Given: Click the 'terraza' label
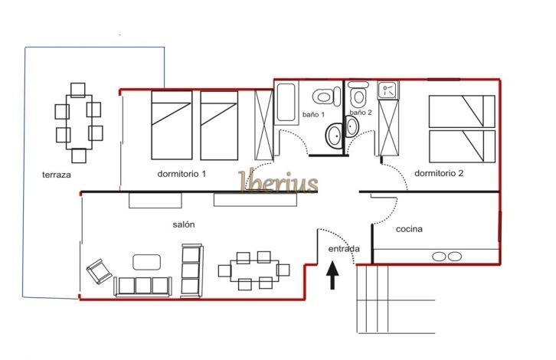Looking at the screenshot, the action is [x=57, y=175].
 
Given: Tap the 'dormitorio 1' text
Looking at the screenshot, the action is [x=182, y=174].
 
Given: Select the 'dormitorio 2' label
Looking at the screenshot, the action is [x=439, y=173].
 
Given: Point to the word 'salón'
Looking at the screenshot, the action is [x=184, y=224].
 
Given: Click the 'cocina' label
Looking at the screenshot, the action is [x=409, y=229].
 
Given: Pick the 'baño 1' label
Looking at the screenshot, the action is [x=313, y=115].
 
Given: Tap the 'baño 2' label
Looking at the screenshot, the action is [x=361, y=112].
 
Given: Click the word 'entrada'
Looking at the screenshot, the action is [x=344, y=249].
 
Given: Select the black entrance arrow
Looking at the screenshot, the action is [x=332, y=276].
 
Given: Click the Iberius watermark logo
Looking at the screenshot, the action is [x=278, y=182].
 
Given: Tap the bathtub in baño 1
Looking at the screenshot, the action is [x=286, y=102].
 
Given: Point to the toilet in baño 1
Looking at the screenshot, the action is [x=326, y=97].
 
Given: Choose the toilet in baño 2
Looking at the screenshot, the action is [x=358, y=93].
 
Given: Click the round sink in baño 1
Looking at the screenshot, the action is [x=334, y=136].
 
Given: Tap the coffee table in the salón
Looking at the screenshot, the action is [x=146, y=262].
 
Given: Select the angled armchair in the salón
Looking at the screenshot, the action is [x=100, y=271].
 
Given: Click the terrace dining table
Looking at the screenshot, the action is [x=79, y=122].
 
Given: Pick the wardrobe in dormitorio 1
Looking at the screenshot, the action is [x=263, y=125].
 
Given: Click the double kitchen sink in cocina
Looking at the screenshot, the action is [x=446, y=257].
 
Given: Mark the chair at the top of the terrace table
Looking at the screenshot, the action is [x=77, y=90].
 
